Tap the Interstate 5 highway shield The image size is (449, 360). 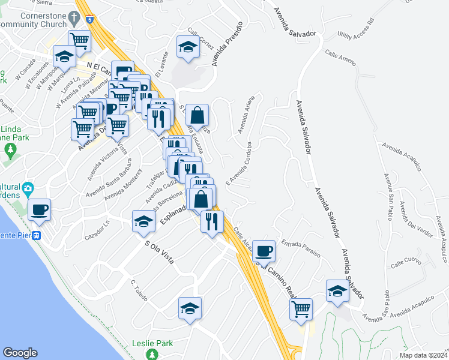(89, 19)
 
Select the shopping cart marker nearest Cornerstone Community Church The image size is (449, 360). (79, 41)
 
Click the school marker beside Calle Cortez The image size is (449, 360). (188, 47)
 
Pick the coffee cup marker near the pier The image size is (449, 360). (40, 209)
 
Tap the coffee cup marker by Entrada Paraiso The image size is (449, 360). (264, 250)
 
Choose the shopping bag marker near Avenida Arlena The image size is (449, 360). (197, 113)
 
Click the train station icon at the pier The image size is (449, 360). (37, 236)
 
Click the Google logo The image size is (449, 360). (20, 353)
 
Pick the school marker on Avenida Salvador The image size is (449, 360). (337, 291)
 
